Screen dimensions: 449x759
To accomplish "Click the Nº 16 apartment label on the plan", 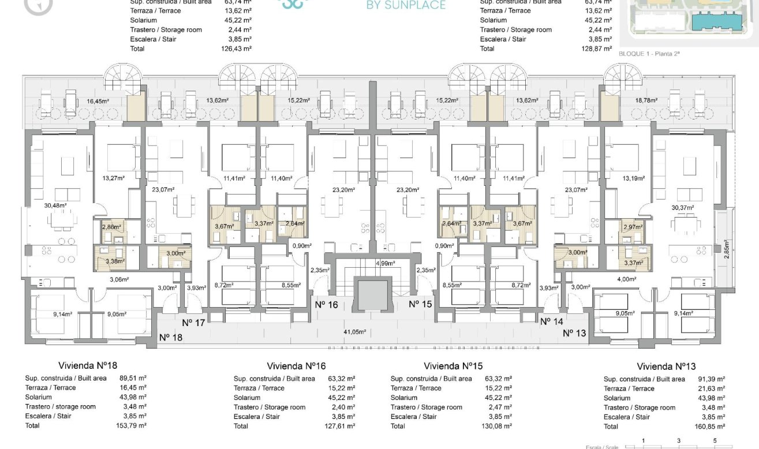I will coord(326,304).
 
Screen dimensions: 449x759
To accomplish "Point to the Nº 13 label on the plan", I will coord(575,332).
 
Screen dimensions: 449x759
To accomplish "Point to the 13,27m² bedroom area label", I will coord(113,178).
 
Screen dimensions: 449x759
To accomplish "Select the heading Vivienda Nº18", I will coord(88,365).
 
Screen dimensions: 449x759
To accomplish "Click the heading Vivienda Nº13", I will coord(666,366).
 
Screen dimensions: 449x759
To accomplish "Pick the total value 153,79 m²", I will coord(132,425).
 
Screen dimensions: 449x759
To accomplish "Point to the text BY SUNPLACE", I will coord(406,6).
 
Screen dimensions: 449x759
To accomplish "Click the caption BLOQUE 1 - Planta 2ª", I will coord(649,53).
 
